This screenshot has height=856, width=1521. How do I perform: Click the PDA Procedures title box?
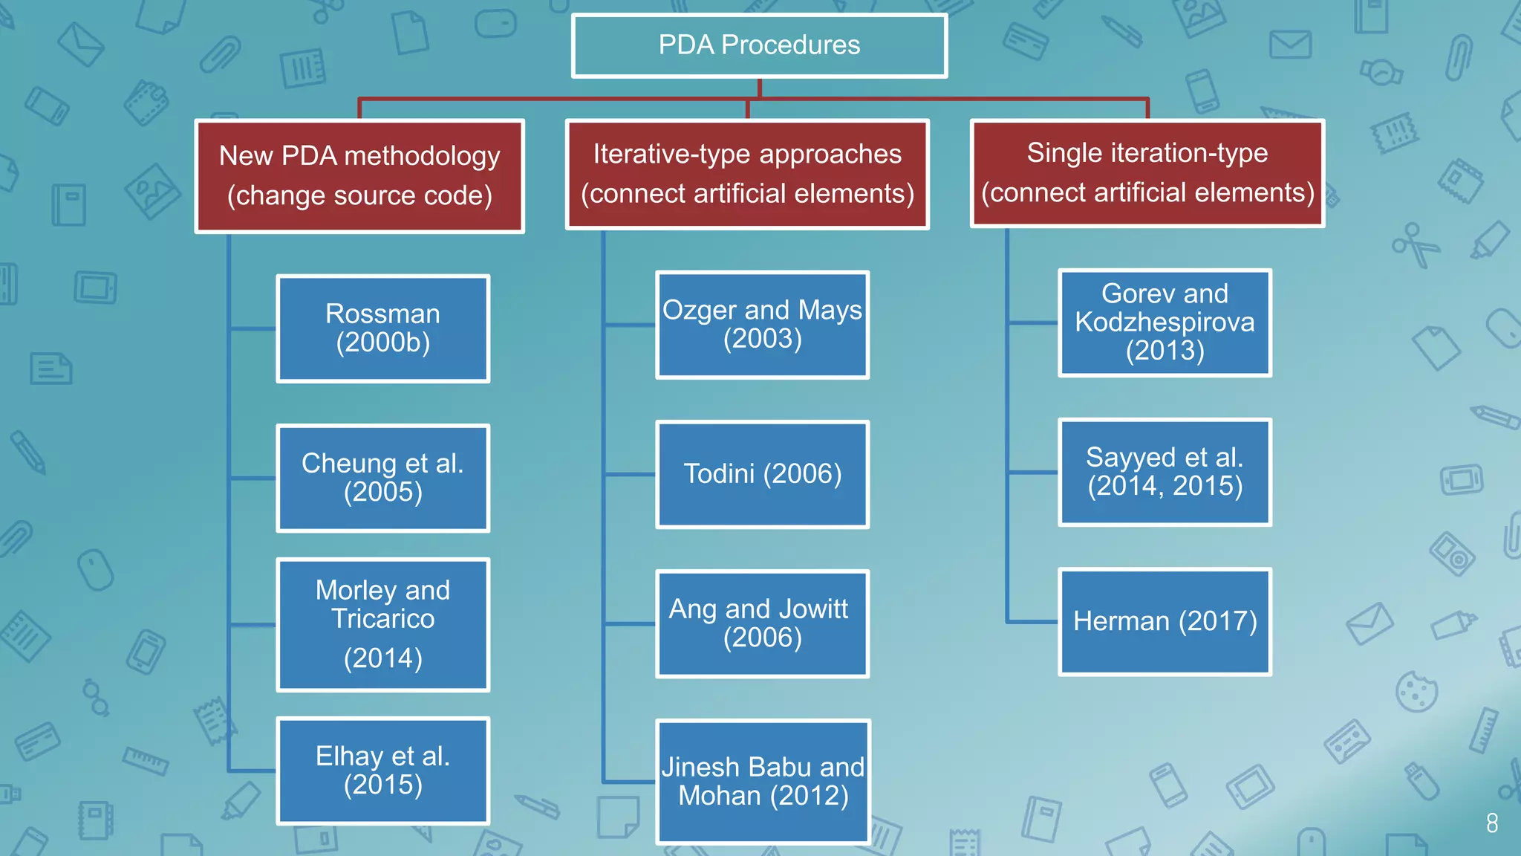tap(759, 45)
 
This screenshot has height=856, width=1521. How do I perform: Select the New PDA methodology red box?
tap(359, 176)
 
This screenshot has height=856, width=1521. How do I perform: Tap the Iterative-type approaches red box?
tap(747, 174)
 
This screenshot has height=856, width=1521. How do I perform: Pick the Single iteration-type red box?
tap(1147, 172)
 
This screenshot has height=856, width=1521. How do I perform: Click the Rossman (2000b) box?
tap(382, 328)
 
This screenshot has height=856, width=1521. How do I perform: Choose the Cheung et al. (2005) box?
tap(382, 478)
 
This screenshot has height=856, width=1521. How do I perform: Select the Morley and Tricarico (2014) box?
tap(382, 624)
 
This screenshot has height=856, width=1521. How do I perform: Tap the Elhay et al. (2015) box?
tap(382, 771)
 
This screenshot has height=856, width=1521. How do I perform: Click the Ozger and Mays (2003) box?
tap(762, 325)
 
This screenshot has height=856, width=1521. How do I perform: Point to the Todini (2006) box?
tap(762, 474)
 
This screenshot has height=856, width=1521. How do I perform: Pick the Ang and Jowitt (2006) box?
tap(762, 623)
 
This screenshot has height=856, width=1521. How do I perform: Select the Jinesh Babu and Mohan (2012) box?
tap(763, 781)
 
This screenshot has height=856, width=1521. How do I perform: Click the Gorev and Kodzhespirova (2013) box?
tap(1165, 322)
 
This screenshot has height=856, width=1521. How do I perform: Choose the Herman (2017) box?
tap(1165, 621)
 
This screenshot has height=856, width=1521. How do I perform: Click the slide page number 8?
tap(1492, 823)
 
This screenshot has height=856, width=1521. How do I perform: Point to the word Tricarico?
tap(382, 619)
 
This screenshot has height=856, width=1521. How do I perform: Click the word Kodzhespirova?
tap(1165, 322)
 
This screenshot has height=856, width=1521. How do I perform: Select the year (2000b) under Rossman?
tap(382, 343)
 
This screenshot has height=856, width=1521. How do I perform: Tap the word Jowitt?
tap(812, 609)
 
